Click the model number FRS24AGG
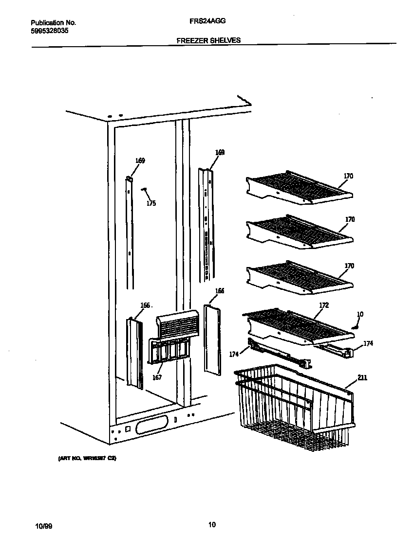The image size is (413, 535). pos(207,22)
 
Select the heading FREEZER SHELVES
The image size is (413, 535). pos(208,40)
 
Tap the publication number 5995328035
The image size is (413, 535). pos(49,30)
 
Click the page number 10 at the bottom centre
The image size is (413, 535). pos(211,524)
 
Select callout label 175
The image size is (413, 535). pos(151,203)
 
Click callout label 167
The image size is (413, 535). pos(157,377)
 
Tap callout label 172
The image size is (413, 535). pos(323,305)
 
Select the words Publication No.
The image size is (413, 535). pos(53,22)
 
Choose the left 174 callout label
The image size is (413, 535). pos(234,354)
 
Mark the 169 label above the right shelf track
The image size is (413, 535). pos(220,152)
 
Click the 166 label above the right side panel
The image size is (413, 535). pos(220,291)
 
